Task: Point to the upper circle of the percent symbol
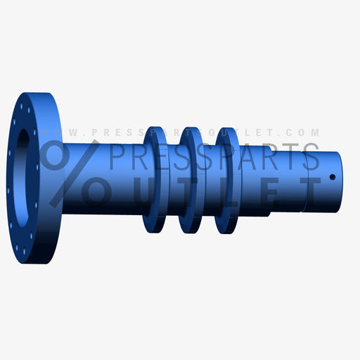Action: point(53,153)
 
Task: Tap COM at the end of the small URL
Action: point(307,132)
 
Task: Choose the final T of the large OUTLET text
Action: point(306,189)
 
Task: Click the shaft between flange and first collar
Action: point(105,204)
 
